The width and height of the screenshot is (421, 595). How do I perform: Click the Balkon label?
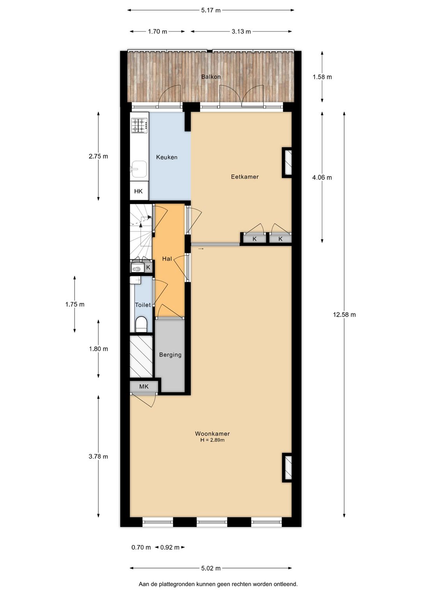pyautogui.click(x=210, y=77)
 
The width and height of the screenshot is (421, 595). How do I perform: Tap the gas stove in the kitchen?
pyautogui.click(x=139, y=125)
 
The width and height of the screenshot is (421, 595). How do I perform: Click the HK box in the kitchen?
pyautogui.click(x=138, y=191)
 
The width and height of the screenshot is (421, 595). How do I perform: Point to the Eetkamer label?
pyautogui.click(x=244, y=177)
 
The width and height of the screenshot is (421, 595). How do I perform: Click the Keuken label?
pyautogui.click(x=166, y=157)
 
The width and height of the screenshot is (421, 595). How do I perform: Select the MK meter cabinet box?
pyautogui.click(x=144, y=386)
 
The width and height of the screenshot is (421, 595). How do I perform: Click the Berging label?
pyautogui.click(x=170, y=355)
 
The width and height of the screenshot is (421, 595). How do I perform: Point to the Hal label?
pyautogui.click(x=167, y=259)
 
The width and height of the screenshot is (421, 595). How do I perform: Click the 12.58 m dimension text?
pyautogui.click(x=344, y=315)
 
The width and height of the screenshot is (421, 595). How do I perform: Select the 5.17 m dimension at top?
pyautogui.click(x=210, y=11)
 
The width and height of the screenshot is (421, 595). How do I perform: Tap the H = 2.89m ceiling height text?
pyautogui.click(x=212, y=440)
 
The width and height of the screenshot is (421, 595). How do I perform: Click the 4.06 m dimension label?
pyautogui.click(x=322, y=177)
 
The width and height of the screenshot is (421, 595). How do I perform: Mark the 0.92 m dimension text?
pyautogui.click(x=170, y=547)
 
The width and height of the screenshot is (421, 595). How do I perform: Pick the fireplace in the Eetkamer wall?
pyautogui.click(x=288, y=162)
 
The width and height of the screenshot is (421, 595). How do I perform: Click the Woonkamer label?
pyautogui.click(x=212, y=434)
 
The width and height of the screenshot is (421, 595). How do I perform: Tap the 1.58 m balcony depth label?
pyautogui.click(x=322, y=77)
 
